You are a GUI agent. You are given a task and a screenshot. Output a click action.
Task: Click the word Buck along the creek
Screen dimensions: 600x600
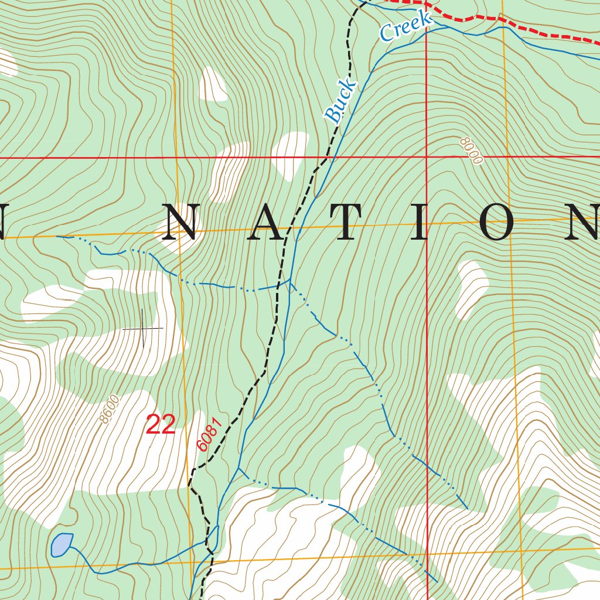[340, 101]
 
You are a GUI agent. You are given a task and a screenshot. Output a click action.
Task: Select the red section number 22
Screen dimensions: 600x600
[161, 425]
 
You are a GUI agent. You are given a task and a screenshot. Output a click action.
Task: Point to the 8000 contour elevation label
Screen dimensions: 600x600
[471, 151]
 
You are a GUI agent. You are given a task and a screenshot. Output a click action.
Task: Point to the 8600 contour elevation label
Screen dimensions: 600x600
[110, 409]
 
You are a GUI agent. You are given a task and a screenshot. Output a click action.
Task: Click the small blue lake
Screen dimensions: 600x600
[61, 544]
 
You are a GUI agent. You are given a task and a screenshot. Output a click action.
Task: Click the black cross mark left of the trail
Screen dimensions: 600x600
[142, 329]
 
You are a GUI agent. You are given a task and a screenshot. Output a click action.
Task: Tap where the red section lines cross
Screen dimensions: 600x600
[427, 157]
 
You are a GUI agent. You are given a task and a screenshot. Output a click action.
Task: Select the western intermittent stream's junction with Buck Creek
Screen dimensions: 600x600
[289, 282]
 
